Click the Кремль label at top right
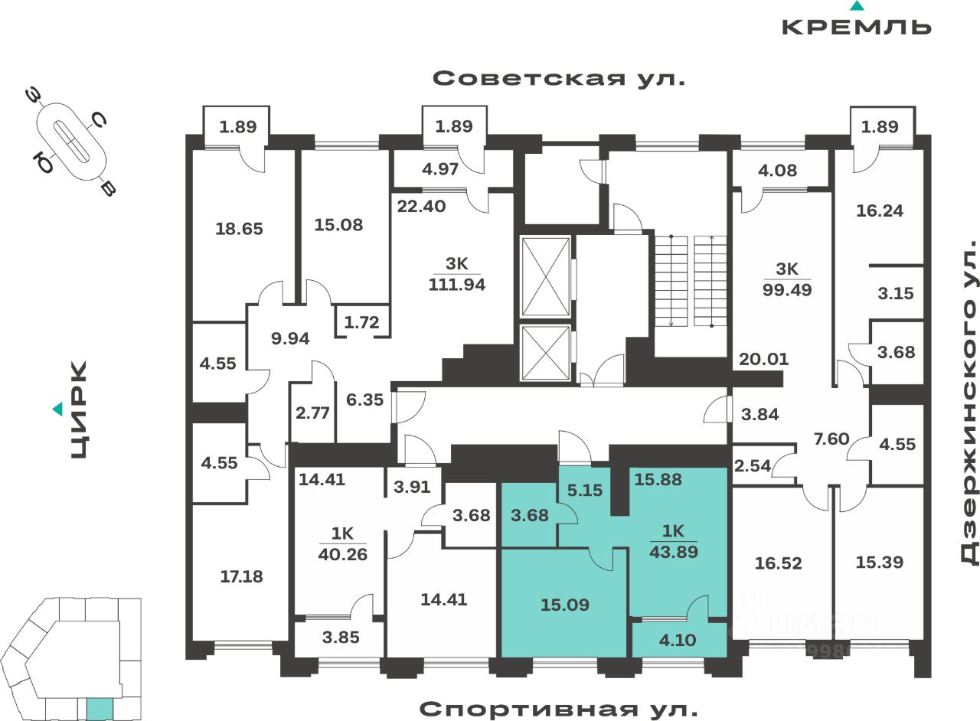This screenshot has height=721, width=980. (856, 26)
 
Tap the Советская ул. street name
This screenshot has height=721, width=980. (559, 79)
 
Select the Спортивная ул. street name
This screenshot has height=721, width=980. (559, 709)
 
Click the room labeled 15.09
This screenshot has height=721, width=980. (564, 605)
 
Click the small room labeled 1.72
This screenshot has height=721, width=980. (361, 322)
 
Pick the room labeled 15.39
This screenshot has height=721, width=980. (878, 562)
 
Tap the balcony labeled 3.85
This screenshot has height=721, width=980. (340, 637)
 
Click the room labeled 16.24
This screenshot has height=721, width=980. (878, 210)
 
